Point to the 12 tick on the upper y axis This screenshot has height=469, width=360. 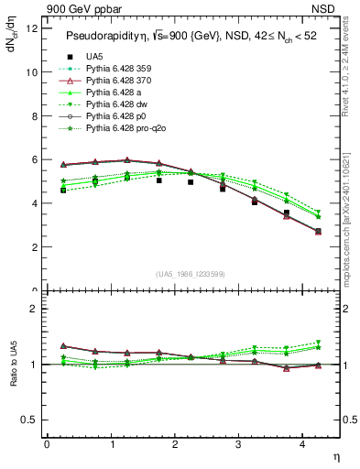(32, 28)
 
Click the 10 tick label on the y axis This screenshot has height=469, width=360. (32, 71)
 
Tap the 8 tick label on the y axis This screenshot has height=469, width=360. (35, 115)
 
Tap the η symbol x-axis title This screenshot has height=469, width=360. (335, 455)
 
